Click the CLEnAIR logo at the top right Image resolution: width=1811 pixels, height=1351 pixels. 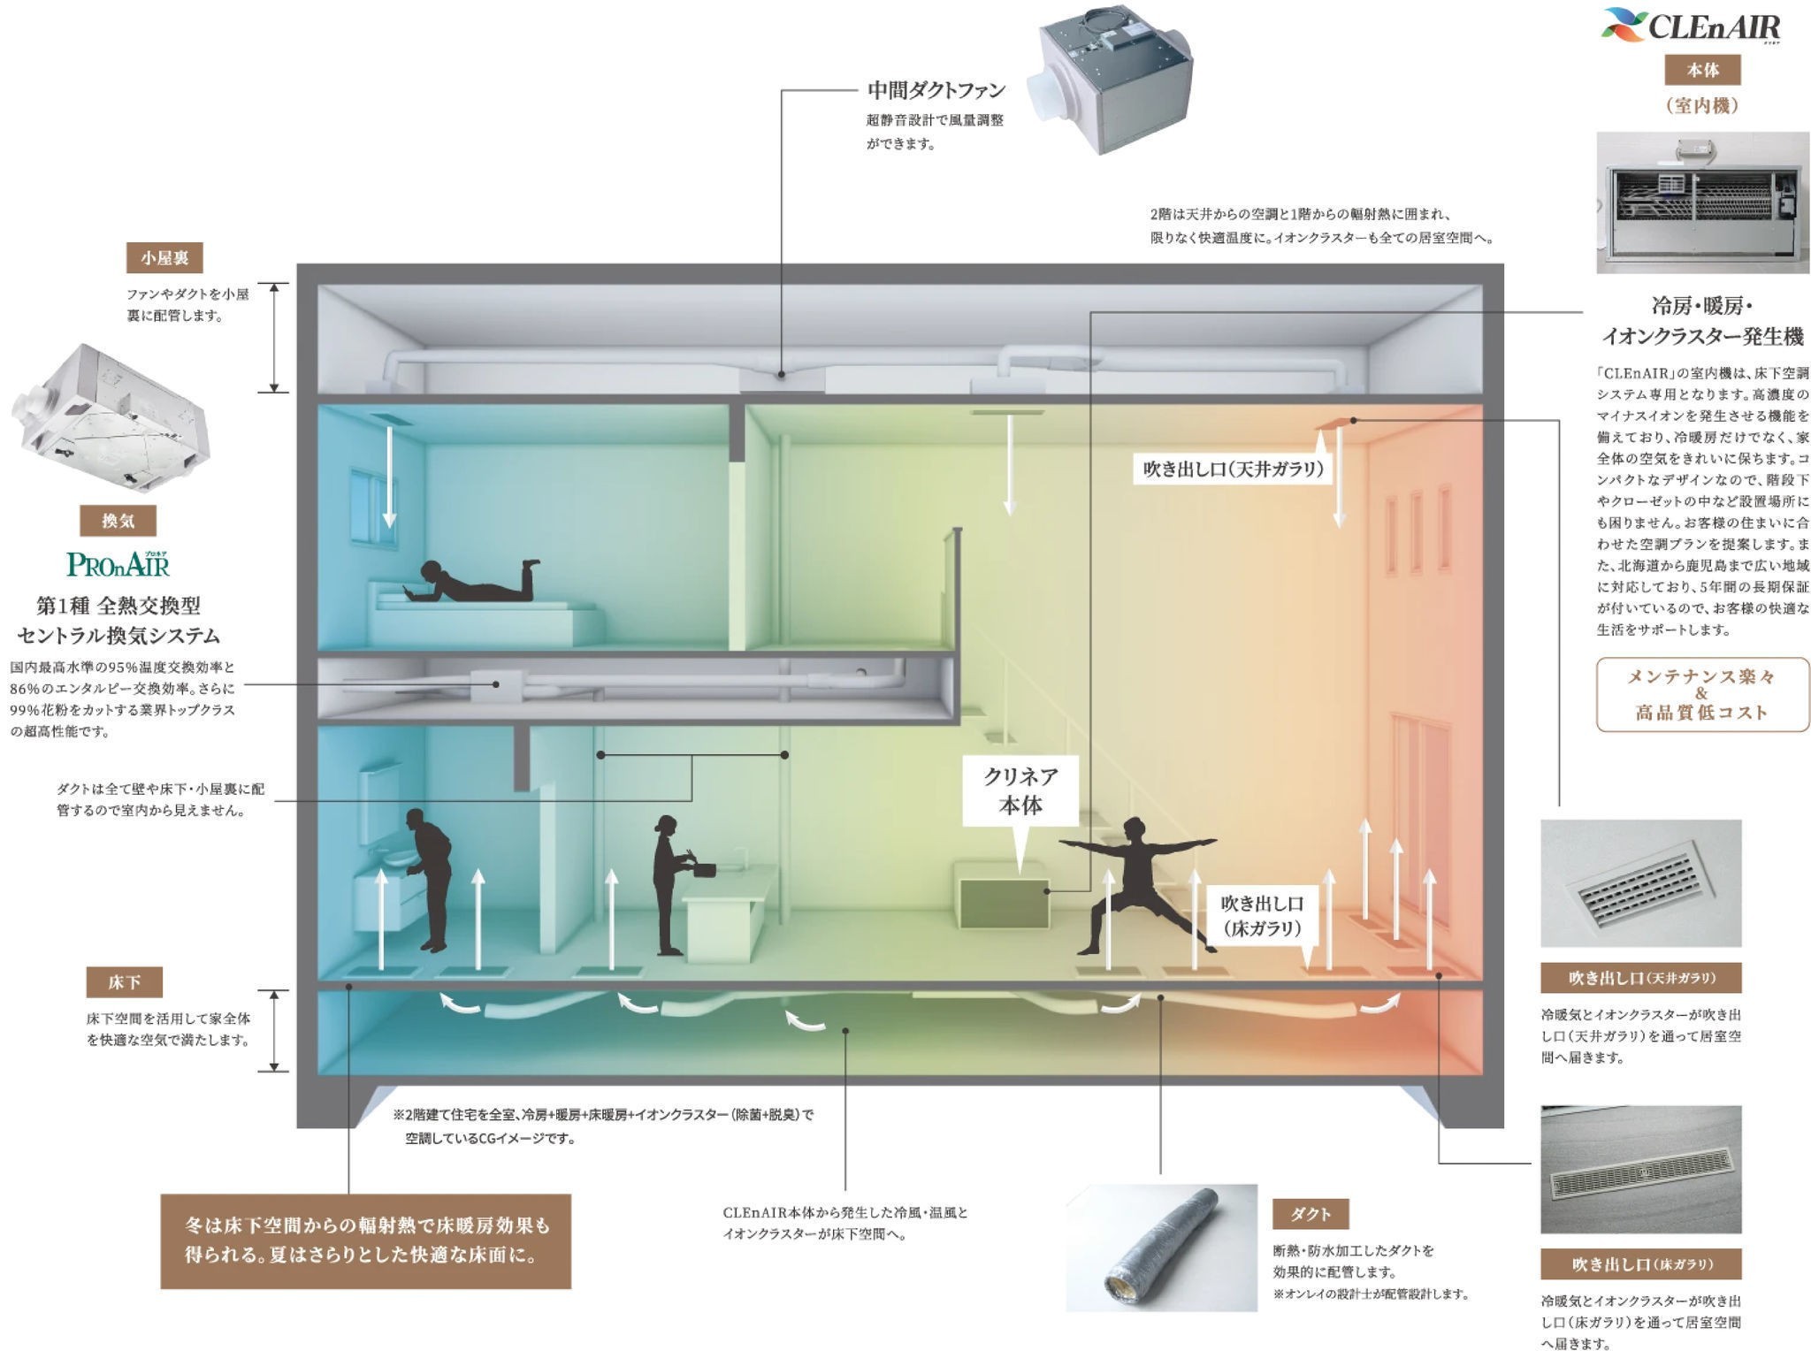pyautogui.click(x=1691, y=26)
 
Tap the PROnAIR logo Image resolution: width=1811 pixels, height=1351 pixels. pyautogui.click(x=118, y=563)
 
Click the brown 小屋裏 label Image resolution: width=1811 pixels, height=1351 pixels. pyautogui.click(x=164, y=258)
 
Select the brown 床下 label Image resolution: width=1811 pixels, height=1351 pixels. pyautogui.click(x=124, y=982)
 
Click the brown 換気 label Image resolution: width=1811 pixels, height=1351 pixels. pyautogui.click(x=118, y=521)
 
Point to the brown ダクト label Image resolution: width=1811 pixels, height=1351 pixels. pyautogui.click(x=1310, y=1214)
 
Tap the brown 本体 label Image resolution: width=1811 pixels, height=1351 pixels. pyautogui.click(x=1702, y=70)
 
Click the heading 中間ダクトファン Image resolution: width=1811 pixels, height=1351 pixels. pyautogui.click(x=936, y=90)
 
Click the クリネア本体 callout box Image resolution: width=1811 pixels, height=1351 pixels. pyautogui.click(x=1020, y=790)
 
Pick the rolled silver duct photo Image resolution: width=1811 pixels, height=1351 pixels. pyautogui.click(x=1161, y=1247)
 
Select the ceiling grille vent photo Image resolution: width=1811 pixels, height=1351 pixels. pyautogui.click(x=1640, y=883)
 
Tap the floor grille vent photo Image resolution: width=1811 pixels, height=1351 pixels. pyautogui.click(x=1640, y=1169)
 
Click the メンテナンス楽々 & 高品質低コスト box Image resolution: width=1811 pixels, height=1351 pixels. pyautogui.click(x=1702, y=694)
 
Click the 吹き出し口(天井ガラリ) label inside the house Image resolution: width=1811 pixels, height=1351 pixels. pyautogui.click(x=1233, y=469)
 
